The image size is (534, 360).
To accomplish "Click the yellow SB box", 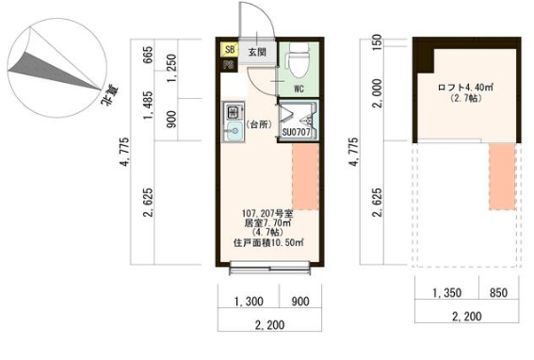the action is click(x=230, y=50).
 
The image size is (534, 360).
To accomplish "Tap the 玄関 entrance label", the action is click(x=257, y=52).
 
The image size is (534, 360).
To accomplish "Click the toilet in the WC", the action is click(x=299, y=60).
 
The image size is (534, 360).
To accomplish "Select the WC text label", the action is click(x=299, y=89).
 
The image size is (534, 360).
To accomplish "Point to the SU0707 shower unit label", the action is click(x=296, y=132).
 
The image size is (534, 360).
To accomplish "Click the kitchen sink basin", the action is click(x=234, y=131).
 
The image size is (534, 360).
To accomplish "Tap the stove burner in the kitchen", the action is click(x=234, y=111).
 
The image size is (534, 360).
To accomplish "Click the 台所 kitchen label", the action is click(x=259, y=124).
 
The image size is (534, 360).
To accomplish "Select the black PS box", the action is click(x=229, y=64).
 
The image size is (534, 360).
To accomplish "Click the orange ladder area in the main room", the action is click(x=305, y=176).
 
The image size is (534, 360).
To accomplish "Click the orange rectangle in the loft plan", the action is click(x=502, y=176).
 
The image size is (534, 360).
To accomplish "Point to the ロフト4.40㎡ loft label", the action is click(x=465, y=88).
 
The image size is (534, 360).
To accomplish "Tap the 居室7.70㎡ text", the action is click(x=267, y=223).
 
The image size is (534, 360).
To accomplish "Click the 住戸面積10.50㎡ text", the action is click(x=268, y=243).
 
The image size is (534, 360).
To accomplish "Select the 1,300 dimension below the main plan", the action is click(x=249, y=302).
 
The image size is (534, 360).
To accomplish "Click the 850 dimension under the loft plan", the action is click(x=498, y=293).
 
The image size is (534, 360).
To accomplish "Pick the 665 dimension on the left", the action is click(x=148, y=55).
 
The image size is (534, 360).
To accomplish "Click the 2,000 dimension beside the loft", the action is click(x=378, y=93).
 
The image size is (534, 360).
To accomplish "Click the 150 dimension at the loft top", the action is click(x=377, y=42).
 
